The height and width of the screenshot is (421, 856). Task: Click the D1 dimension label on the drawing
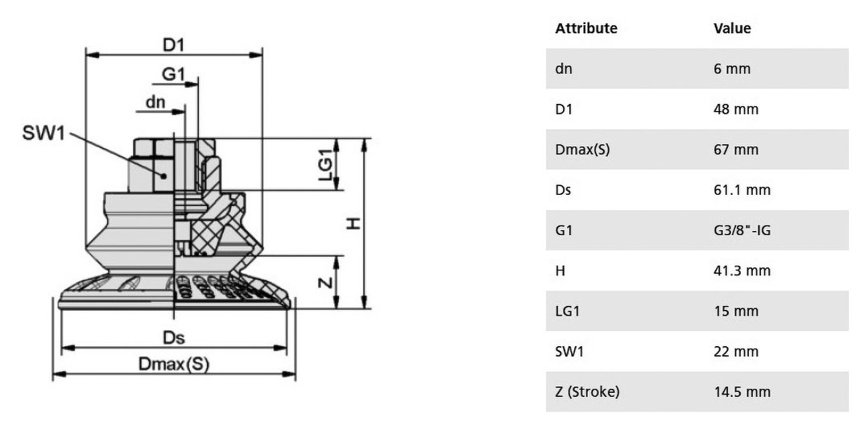pyautogui.click(x=174, y=45)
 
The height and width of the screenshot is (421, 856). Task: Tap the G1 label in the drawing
pyautogui.click(x=174, y=74)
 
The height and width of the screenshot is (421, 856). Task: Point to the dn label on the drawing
pyautogui.click(x=155, y=102)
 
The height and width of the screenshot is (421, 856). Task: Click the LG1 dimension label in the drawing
pyautogui.click(x=326, y=164)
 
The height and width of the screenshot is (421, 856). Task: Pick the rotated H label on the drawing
pyautogui.click(x=354, y=223)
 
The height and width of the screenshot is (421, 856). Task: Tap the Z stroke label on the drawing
pyautogui.click(x=325, y=283)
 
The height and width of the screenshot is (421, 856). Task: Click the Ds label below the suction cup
pyautogui.click(x=174, y=338)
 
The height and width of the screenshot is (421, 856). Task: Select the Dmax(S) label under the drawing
pyautogui.click(x=174, y=364)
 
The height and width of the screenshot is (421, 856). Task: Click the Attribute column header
pyautogui.click(x=585, y=28)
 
